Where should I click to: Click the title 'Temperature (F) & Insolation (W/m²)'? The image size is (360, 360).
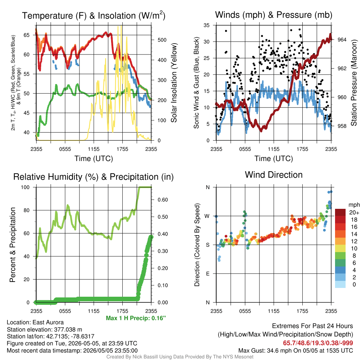pyautogui.click(x=94, y=15)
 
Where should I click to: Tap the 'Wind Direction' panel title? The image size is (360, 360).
pyautogui.click(x=274, y=175)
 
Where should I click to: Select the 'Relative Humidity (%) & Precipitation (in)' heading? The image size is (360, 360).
pyautogui.click(x=94, y=177)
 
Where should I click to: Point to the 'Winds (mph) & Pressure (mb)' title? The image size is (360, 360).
pyautogui.click(x=274, y=15)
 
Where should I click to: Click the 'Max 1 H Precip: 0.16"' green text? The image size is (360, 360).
pyautogui.click(x=136, y=318)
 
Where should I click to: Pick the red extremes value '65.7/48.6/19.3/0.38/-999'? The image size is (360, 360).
pyautogui.click(x=318, y=343)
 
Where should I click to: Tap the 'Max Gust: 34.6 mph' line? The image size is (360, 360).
pyautogui.click(x=295, y=351)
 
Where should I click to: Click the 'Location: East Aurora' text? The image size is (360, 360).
pyautogui.click(x=35, y=322)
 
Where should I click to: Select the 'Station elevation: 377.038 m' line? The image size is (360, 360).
pyautogui.click(x=44, y=329)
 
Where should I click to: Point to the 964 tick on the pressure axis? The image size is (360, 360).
pyautogui.click(x=342, y=40)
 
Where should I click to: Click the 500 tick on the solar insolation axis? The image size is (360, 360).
pyautogui.click(x=162, y=40)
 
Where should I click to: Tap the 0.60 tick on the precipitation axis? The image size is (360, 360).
pyautogui.click(x=163, y=200)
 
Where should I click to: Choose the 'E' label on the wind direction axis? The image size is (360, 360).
pyautogui.click(x=208, y=274)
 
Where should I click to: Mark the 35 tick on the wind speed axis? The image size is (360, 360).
pyautogui.click(x=207, y=25)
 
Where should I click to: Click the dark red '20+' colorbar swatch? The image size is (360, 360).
pyautogui.click(x=340, y=212)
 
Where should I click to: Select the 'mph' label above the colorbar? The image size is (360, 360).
pyautogui.click(x=354, y=205)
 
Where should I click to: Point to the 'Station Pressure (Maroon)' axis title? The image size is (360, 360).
pyautogui.click(x=354, y=83)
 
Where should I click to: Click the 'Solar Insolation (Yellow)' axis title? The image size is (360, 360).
pyautogui.click(x=174, y=83)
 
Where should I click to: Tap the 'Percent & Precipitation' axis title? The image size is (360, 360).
pyautogui.click(x=12, y=245)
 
